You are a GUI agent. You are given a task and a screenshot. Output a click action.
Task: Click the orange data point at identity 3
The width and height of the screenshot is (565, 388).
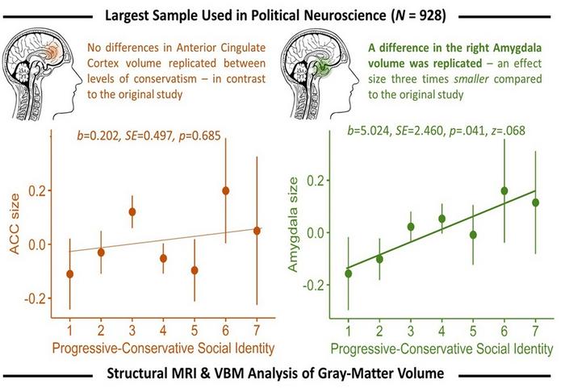click(x=132, y=211)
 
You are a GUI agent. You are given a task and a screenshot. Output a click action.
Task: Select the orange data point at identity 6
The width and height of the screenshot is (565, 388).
click(x=225, y=190)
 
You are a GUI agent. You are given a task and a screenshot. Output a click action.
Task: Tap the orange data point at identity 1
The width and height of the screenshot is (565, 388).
click(x=69, y=273)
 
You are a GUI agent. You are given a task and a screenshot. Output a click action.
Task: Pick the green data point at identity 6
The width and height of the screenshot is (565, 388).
click(x=504, y=190)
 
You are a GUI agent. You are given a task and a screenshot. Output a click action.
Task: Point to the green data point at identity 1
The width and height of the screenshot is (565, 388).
click(x=349, y=273)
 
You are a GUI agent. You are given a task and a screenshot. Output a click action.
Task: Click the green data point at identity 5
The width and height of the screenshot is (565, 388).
click(x=473, y=235)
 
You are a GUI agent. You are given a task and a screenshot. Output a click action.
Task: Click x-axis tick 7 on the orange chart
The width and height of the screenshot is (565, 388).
click(x=256, y=330)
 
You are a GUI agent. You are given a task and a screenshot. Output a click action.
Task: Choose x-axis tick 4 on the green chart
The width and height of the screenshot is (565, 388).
click(x=442, y=330)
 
